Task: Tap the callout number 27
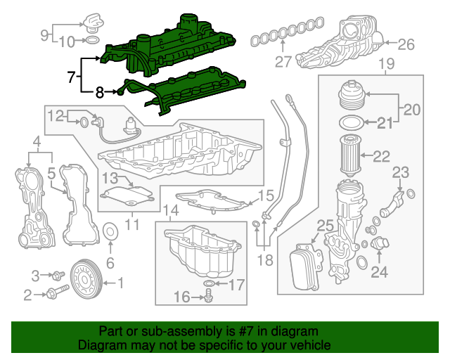pyautogui.click(x=283, y=62)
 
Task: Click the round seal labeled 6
pyautogui.click(x=110, y=233)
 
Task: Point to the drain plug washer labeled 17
pyautogui.click(x=208, y=284)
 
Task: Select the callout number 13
pyautogui.click(x=109, y=178)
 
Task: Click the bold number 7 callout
pyautogui.click(x=71, y=77)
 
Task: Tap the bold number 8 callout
pyautogui.click(x=100, y=91)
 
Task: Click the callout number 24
pyautogui.click(x=380, y=271)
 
